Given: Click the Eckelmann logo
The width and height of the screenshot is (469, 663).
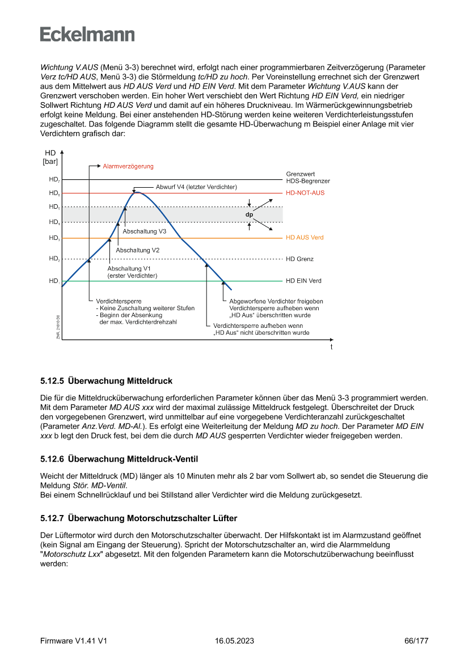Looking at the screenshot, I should [x=87, y=34].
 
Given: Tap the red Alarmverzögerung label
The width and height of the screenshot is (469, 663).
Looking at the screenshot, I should [x=128, y=167].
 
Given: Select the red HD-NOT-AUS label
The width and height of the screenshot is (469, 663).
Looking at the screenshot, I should [x=305, y=193].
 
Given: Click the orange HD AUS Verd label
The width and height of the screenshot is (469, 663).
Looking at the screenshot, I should [x=305, y=238].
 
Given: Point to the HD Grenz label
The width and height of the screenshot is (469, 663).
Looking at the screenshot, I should [x=300, y=259].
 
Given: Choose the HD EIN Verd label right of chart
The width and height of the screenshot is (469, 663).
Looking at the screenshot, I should [x=303, y=281].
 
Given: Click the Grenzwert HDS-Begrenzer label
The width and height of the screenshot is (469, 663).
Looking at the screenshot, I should [x=308, y=178].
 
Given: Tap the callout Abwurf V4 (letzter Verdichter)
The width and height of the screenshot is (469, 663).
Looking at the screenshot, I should [x=196, y=187].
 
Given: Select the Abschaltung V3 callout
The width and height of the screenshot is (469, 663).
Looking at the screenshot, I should [x=144, y=231].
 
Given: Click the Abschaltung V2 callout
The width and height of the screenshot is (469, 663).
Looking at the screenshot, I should [x=137, y=250].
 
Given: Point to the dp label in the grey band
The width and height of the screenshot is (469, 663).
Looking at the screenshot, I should [x=249, y=215].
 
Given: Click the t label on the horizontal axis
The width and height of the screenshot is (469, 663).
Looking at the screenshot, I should [x=332, y=347].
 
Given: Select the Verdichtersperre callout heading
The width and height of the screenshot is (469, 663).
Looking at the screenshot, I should [x=119, y=301].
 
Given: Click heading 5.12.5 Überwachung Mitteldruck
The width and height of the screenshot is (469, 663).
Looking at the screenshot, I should [x=106, y=381].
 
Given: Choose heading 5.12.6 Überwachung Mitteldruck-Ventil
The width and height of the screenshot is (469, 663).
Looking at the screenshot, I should [x=119, y=458].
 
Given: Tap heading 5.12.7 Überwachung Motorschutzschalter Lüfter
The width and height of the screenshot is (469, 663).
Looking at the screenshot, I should [x=138, y=518].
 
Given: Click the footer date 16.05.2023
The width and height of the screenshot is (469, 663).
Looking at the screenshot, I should [x=234, y=641].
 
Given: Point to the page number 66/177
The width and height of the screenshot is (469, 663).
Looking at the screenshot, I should [x=416, y=641].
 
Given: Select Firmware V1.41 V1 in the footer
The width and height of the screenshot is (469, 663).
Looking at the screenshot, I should [x=74, y=641].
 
